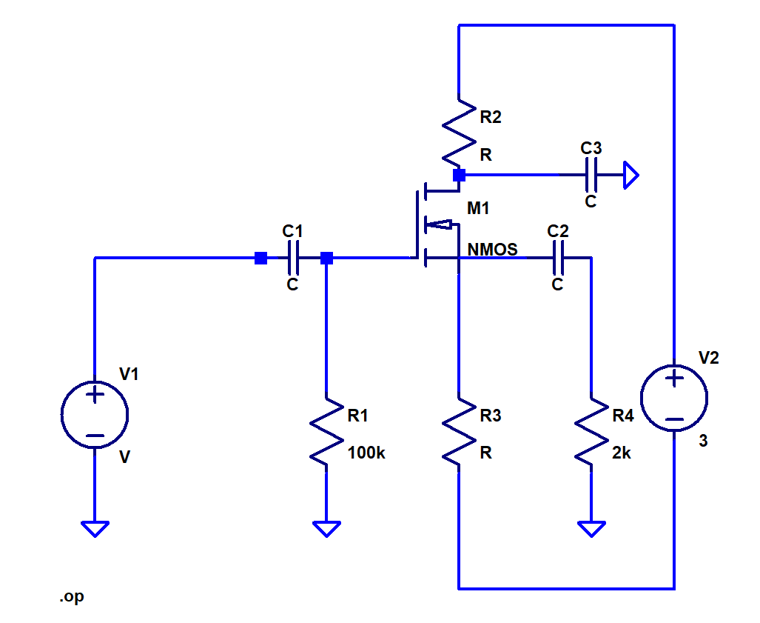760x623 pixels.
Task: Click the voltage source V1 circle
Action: [x=94, y=416]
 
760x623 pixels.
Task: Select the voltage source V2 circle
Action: [x=674, y=399]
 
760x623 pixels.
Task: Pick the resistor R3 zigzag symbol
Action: [x=459, y=434]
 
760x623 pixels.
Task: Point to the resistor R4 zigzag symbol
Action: [x=591, y=434]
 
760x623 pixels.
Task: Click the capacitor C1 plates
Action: [x=293, y=258]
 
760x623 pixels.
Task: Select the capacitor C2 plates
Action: [x=559, y=258]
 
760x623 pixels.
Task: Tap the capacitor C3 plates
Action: [x=591, y=176]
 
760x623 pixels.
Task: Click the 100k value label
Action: [x=366, y=453]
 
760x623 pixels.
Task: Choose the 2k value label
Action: [x=622, y=453]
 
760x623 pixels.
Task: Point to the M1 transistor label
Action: [x=478, y=209]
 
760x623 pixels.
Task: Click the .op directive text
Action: [x=72, y=597]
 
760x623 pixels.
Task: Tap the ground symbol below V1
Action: [x=94, y=528]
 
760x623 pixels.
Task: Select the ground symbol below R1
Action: [x=326, y=528]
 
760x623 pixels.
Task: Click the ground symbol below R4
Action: [x=591, y=528]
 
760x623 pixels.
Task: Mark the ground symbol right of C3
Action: [x=630, y=176]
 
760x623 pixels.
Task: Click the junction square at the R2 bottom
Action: [x=459, y=176]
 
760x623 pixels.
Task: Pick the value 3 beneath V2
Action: [x=703, y=441]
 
